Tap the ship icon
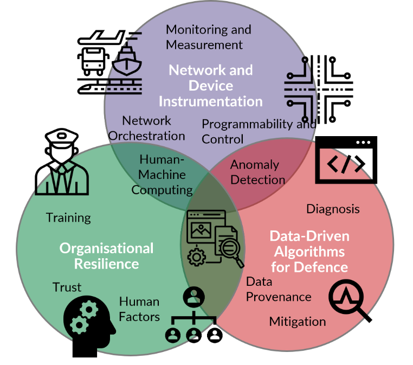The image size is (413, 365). coord(127,60)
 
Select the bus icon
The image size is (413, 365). coord(93,61)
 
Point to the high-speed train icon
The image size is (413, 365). coord(109,86)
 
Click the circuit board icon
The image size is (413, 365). coord(319,89)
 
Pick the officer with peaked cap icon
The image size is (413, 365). coord(62,162)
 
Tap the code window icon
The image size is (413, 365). coord(346,160)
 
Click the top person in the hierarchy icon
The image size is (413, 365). coord(194,297)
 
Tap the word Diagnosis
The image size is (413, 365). coord(333,209)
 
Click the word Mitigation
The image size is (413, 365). coord(298,322)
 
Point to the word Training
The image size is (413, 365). coord(68,218)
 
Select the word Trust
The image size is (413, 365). coord(67,287)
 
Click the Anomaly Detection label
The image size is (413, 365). coord(257,172)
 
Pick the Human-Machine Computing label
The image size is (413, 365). coord(162,175)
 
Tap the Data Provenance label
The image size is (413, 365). coord(279,290)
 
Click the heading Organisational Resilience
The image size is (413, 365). coord(106,256)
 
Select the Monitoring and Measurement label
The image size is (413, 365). coord(208,37)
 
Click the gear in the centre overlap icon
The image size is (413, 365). coord(197,257)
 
